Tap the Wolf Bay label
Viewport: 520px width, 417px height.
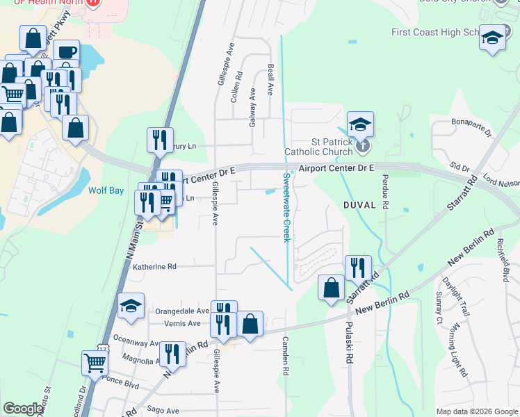point(105,189)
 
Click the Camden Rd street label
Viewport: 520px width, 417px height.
point(285,356)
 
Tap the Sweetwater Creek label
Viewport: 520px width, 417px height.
point(285,207)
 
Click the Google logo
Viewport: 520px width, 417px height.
point(23,409)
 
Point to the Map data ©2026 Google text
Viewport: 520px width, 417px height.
point(477,411)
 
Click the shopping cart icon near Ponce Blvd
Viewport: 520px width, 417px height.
point(95,361)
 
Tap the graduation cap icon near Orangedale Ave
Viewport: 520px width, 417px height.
point(131,306)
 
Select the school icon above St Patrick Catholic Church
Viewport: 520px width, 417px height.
point(361,124)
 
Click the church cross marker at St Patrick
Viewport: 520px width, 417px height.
point(361,147)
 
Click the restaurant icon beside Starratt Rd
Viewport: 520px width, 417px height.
point(358,266)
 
